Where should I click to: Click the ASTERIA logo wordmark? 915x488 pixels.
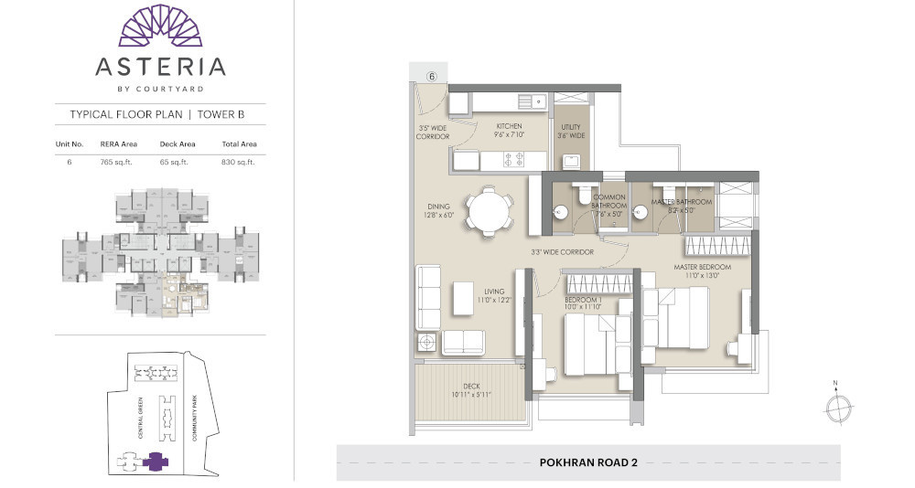pyautogui.click(x=160, y=66)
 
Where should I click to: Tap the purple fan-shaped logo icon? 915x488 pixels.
pyautogui.click(x=160, y=25)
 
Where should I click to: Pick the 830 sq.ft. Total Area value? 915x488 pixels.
pyautogui.click(x=239, y=162)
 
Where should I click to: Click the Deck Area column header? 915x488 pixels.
pyautogui.click(x=174, y=144)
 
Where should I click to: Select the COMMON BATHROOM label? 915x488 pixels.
pyautogui.click(x=609, y=202)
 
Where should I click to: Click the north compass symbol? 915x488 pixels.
pyautogui.click(x=837, y=407)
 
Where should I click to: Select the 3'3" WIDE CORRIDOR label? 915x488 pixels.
pyautogui.click(x=563, y=251)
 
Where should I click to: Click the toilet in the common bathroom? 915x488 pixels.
pyautogui.click(x=583, y=195)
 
